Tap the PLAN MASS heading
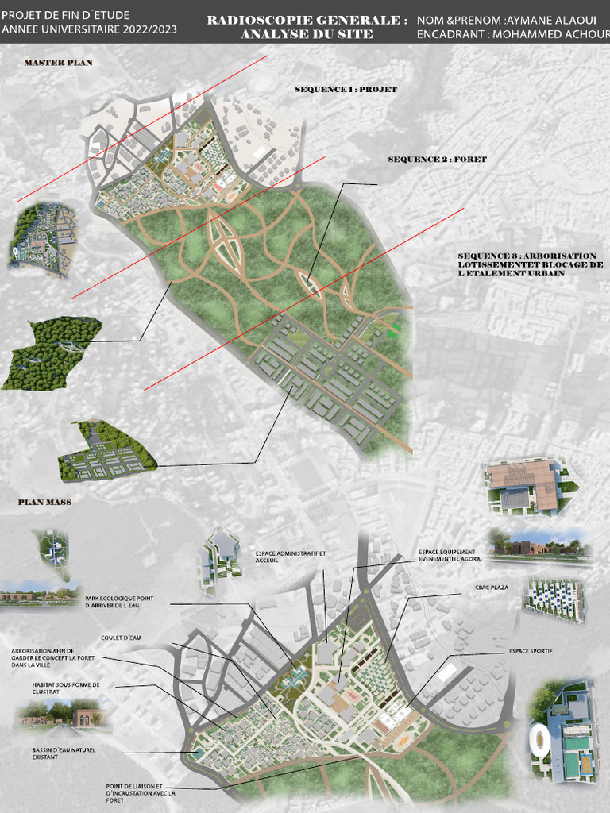point(44,503)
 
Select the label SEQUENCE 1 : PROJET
point(346,90)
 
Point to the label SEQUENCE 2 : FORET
point(437,160)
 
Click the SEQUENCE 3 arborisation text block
point(531,264)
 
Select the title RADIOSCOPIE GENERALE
point(307,19)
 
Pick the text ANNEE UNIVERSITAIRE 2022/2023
point(89,29)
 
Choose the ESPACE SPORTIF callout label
point(531,651)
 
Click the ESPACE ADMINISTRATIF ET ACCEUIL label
point(291,556)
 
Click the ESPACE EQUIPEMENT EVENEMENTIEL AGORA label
point(447,554)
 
